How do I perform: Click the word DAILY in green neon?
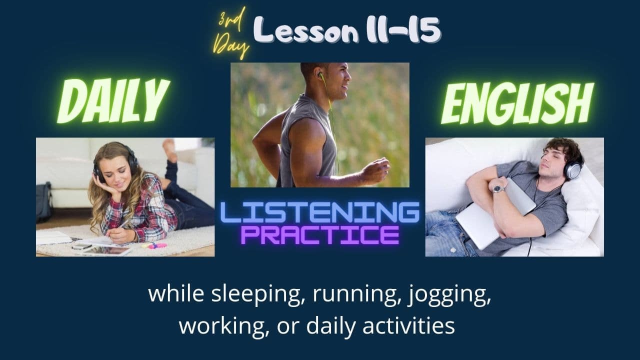point(113,102)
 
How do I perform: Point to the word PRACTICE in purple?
point(320,234)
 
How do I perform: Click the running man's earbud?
point(319,75)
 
